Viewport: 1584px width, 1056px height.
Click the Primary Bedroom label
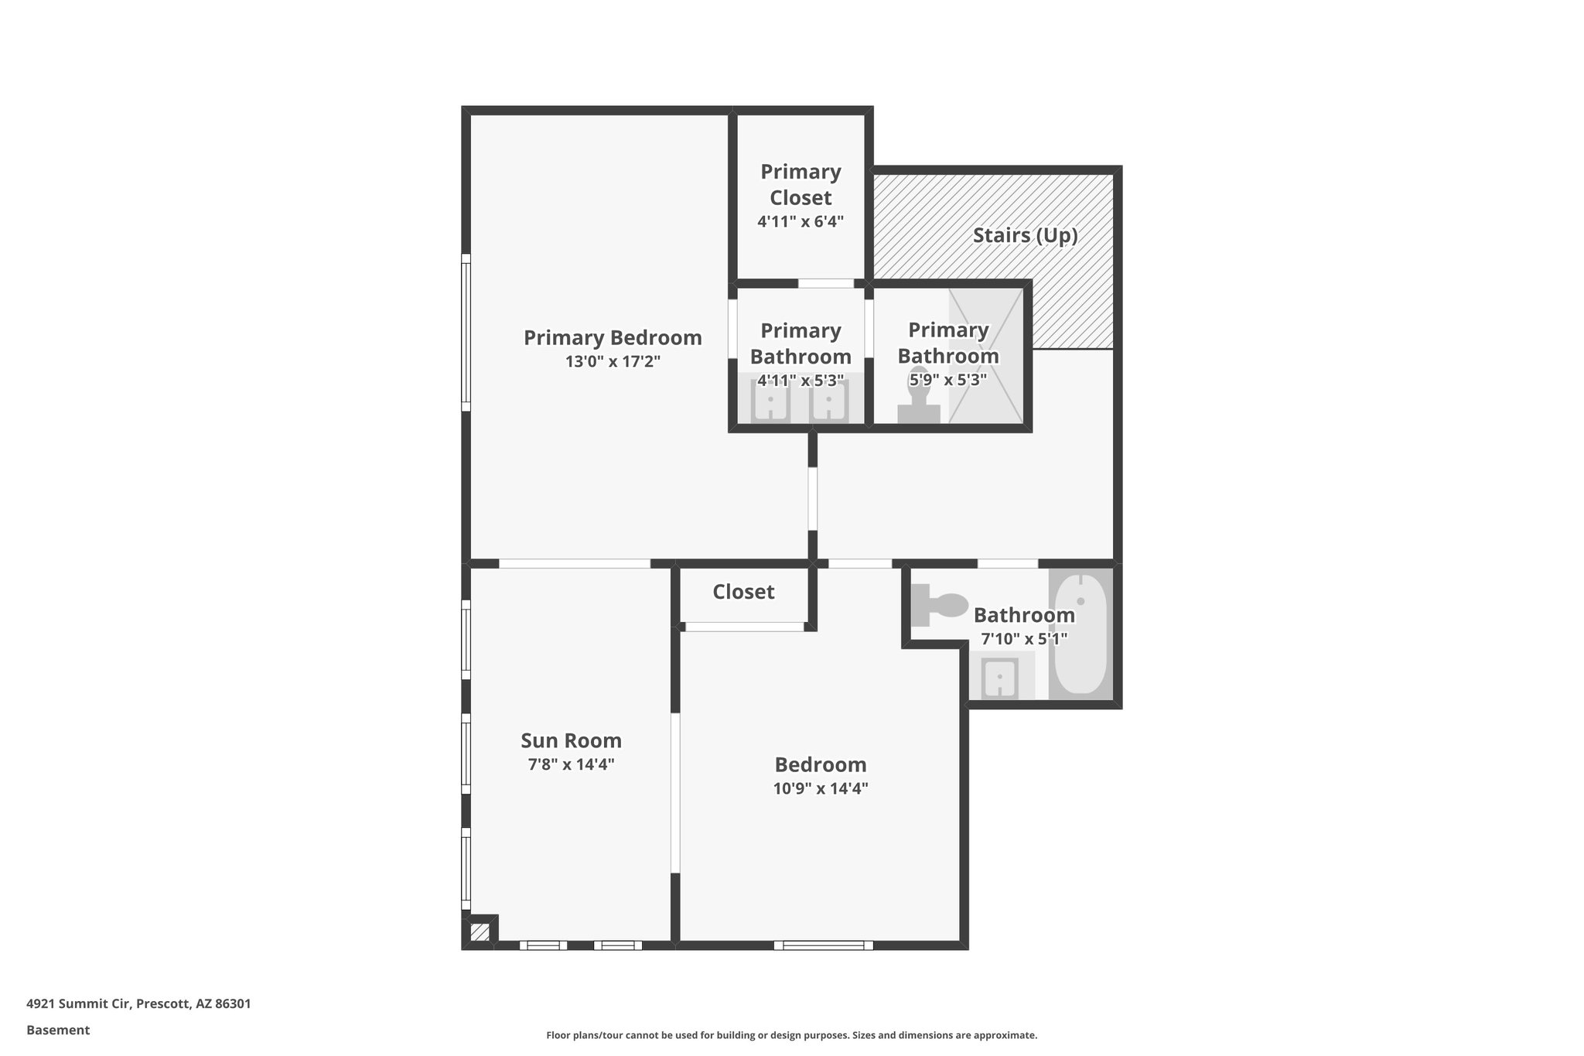click(613, 338)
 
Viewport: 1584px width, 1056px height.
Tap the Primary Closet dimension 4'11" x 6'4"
click(800, 222)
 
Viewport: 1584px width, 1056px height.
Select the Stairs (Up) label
click(1025, 235)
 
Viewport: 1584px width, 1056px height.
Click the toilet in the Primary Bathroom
click(919, 406)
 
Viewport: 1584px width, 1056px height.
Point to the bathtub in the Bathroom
click(1080, 634)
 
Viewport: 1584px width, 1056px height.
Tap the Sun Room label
click(571, 741)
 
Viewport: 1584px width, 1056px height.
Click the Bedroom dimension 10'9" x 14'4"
click(821, 789)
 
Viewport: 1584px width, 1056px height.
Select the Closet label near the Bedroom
click(743, 592)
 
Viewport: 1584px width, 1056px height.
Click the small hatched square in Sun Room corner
click(480, 931)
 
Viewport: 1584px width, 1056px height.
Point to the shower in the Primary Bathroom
click(985, 356)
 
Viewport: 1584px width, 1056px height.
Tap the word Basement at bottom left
click(58, 1030)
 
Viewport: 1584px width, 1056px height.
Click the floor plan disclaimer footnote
click(791, 1035)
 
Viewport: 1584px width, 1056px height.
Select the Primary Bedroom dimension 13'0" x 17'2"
click(613, 361)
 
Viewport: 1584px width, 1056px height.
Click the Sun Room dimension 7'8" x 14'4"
click(571, 764)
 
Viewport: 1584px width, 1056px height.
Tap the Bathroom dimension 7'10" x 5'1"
click(1024, 639)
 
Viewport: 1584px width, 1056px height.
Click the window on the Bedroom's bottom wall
click(823, 945)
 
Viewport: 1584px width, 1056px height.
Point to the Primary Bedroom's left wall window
click(466, 333)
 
